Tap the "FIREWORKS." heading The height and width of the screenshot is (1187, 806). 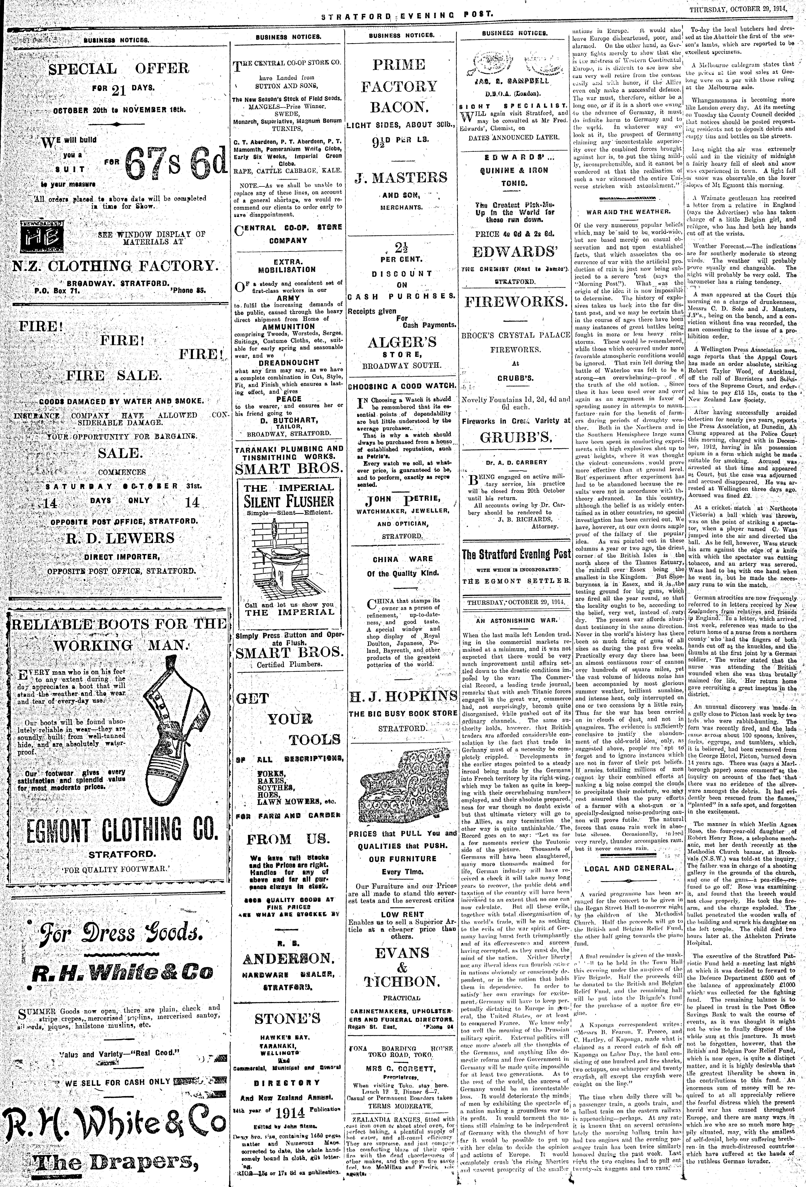pos(515,302)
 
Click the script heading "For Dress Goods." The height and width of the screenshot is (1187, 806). pos(115,933)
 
